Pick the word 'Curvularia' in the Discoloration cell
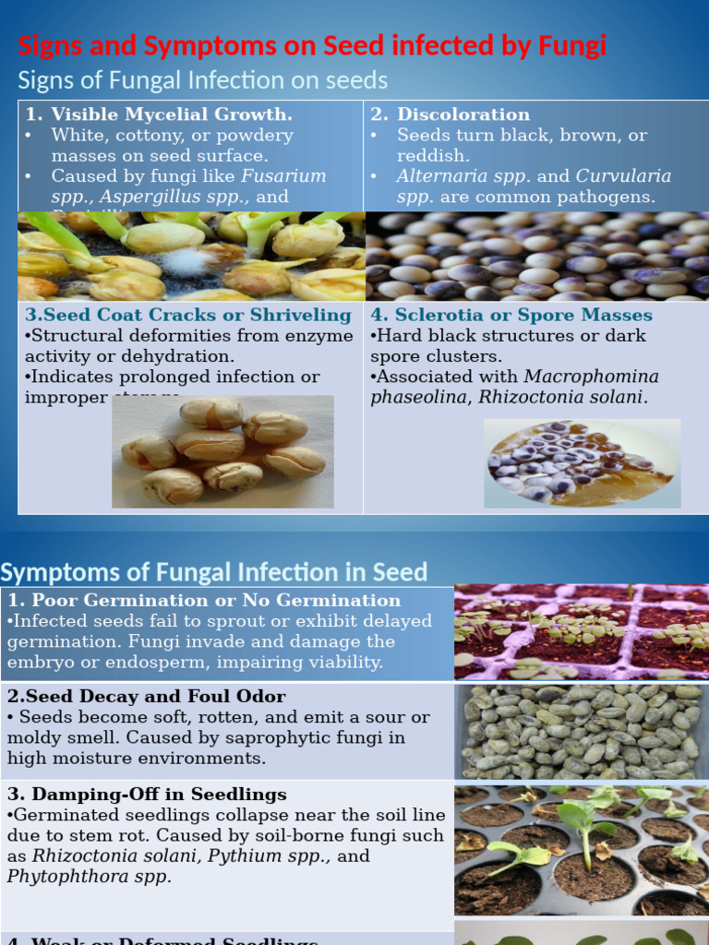point(623,176)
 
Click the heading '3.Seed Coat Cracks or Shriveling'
point(188,316)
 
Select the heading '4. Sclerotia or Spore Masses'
point(511,316)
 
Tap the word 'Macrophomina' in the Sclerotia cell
point(591,377)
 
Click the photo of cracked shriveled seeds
point(222,451)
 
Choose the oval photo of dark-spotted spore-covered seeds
point(582,462)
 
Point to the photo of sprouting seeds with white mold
point(191,257)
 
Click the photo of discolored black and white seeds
point(536,257)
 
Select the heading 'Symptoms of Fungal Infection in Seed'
point(214,572)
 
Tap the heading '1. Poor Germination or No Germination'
point(204,601)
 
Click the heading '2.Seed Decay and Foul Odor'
point(147,697)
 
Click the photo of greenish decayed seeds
point(581,731)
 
